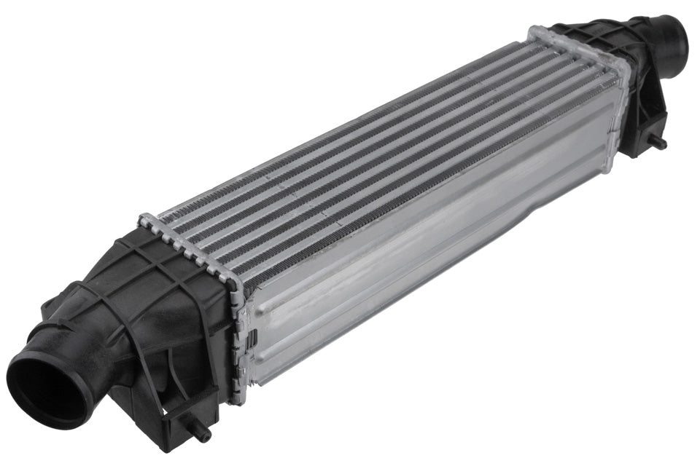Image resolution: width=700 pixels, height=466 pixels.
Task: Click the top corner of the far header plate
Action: (536, 31)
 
